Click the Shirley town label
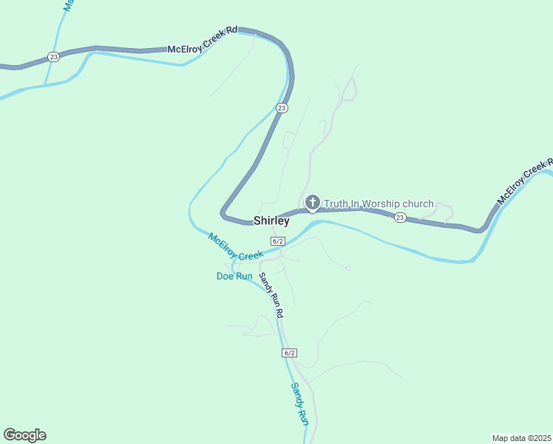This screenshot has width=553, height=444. click(271, 221)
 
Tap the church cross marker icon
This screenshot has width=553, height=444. click(313, 202)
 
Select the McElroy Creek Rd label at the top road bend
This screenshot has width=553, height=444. click(203, 40)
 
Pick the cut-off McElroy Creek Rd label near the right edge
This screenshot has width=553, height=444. click(525, 182)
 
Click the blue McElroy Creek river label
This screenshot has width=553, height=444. click(235, 246)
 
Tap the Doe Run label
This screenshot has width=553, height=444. click(234, 276)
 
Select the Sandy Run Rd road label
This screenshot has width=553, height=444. click(271, 295)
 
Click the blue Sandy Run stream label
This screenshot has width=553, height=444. click(299, 403)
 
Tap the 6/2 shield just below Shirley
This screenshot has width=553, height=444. click(278, 241)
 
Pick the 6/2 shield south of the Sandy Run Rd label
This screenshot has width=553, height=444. click(290, 353)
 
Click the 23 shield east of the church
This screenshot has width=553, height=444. click(400, 217)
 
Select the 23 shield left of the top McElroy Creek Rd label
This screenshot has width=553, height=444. click(53, 56)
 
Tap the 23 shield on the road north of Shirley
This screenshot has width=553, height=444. click(282, 108)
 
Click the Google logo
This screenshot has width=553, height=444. click(24, 435)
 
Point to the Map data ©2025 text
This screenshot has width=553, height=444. click(521, 437)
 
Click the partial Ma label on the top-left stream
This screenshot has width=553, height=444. click(68, 5)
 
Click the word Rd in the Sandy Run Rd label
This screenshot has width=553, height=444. click(279, 312)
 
